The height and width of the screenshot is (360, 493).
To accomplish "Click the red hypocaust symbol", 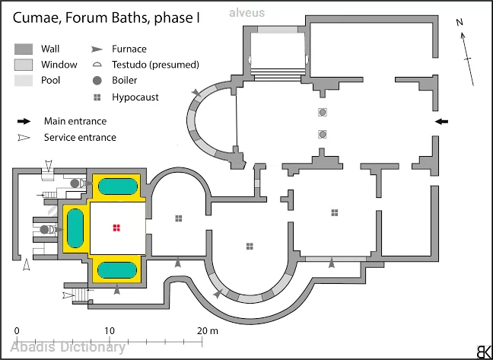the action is [116, 228].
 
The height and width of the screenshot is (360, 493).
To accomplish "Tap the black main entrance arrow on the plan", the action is [442, 121].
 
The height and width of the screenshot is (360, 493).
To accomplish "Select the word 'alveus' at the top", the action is [247, 13].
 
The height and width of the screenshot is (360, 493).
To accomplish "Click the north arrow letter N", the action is [460, 22].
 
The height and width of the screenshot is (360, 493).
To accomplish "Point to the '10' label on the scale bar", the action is [110, 331].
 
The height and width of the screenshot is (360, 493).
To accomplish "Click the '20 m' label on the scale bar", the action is [207, 331].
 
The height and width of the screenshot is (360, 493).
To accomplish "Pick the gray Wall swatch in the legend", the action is [24, 49].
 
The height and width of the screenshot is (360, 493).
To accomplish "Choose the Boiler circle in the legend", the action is [97, 81].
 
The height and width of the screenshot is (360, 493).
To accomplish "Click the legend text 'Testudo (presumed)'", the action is [155, 65].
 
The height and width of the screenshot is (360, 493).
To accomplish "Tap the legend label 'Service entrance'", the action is [80, 138].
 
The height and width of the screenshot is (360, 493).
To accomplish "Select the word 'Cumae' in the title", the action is [34, 18].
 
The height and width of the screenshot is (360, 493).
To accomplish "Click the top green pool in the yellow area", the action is [118, 186].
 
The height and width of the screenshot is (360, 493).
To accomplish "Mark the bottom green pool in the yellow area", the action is [117, 270].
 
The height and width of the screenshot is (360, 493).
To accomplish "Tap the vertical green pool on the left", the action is [75, 228].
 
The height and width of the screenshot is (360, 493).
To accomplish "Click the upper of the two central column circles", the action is [322, 112].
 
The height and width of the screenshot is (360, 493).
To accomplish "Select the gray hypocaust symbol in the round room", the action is [250, 246].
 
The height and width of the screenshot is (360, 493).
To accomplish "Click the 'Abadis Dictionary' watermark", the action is [68, 347].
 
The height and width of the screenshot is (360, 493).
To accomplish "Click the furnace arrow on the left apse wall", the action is [197, 93].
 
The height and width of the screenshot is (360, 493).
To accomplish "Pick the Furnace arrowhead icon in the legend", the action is [97, 49].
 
